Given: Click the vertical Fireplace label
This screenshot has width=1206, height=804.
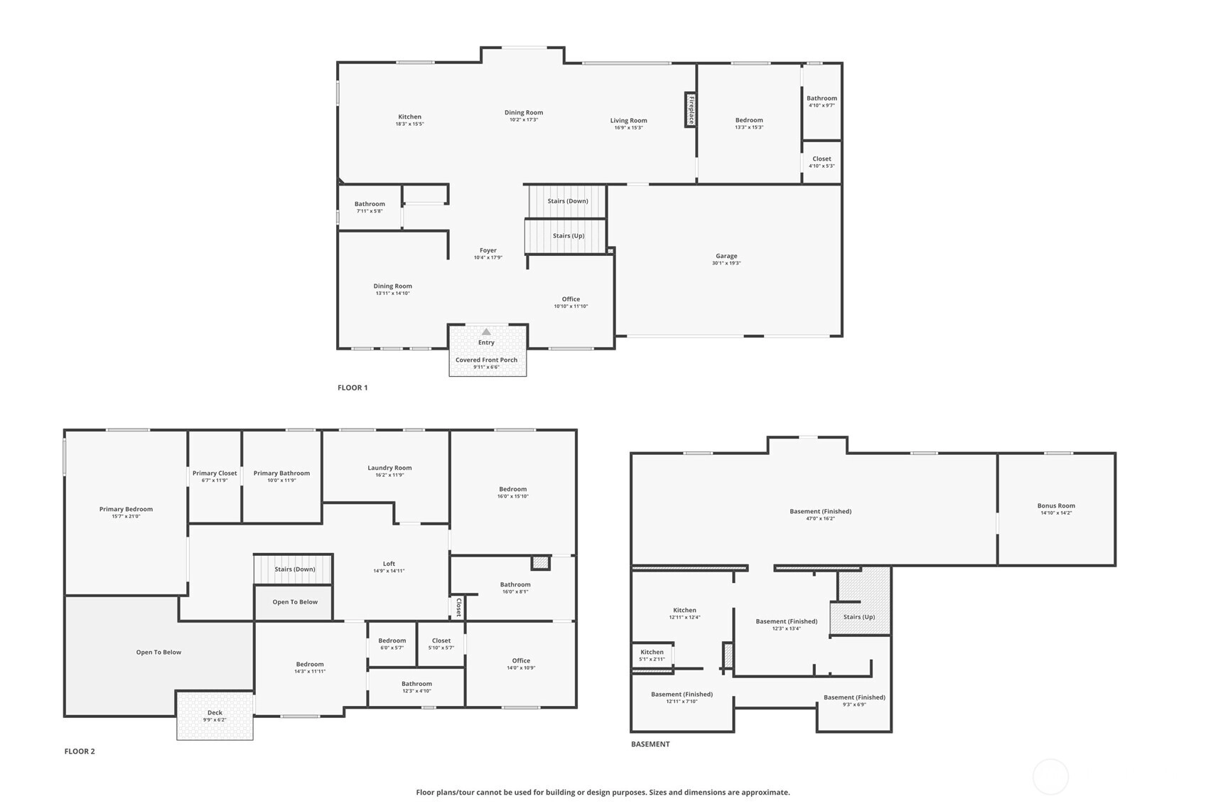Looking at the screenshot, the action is (692, 110).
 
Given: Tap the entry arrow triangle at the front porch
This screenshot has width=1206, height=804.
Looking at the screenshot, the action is (486, 332).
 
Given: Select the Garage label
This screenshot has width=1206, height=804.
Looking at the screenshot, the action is (726, 256).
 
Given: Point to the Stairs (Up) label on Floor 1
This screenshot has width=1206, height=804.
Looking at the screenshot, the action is (569, 236).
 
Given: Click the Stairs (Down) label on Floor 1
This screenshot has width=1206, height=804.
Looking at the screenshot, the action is (568, 201).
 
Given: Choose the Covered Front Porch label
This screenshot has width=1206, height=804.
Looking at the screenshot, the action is (486, 360).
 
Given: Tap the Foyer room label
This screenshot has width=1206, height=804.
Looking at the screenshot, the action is (488, 250).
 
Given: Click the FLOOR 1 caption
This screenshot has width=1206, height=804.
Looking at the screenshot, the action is (352, 387).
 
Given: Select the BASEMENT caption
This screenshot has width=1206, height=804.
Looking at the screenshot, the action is (650, 744).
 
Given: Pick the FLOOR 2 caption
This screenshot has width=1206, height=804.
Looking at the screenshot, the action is (80, 752).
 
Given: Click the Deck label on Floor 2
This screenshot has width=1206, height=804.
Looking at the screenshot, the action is (215, 713).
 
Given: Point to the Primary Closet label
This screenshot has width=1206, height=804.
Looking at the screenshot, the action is (215, 473).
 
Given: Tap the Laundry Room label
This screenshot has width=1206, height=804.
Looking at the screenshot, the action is (389, 468).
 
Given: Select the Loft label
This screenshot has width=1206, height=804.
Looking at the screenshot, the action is (389, 564).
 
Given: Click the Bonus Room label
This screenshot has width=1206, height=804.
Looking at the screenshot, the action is (1056, 505).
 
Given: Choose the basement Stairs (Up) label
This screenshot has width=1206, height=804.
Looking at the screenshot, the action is (859, 617).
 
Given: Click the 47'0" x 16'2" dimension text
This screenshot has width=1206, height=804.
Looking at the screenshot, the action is (821, 519).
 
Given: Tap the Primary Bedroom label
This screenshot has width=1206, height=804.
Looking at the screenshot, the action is (126, 509).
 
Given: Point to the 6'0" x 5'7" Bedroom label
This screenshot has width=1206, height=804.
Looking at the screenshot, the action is (392, 640).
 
